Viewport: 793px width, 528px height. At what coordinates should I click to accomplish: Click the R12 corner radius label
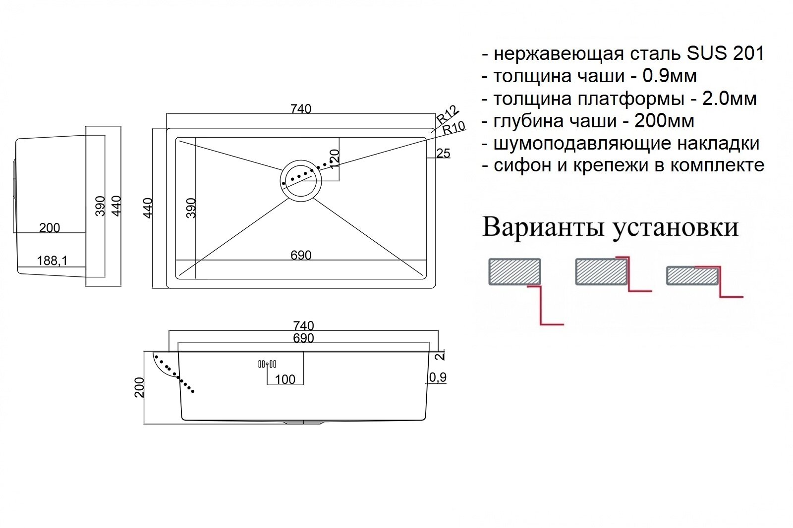point(448,115)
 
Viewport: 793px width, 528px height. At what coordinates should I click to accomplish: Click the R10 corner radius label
point(453,128)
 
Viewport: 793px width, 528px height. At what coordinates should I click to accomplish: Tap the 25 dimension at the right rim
point(443,154)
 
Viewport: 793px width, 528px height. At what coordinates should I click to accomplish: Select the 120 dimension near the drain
point(335,158)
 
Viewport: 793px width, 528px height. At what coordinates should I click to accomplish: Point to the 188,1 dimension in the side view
point(52,260)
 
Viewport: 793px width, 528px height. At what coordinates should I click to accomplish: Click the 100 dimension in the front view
point(284,379)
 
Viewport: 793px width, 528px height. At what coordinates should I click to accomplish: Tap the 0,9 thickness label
point(438,377)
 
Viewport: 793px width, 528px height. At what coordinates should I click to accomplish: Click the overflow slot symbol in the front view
point(267,364)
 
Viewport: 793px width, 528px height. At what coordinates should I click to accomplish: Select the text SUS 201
point(725,53)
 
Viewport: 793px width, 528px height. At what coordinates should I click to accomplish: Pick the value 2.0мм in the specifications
point(729,99)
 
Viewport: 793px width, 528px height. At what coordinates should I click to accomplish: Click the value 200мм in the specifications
point(664,121)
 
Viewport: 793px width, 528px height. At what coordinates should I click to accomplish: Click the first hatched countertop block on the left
point(514,271)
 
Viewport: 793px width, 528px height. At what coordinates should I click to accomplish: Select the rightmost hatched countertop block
point(692,276)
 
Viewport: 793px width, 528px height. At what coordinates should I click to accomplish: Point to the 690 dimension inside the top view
point(301,255)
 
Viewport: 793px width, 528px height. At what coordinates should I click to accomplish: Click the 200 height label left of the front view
point(139,387)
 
